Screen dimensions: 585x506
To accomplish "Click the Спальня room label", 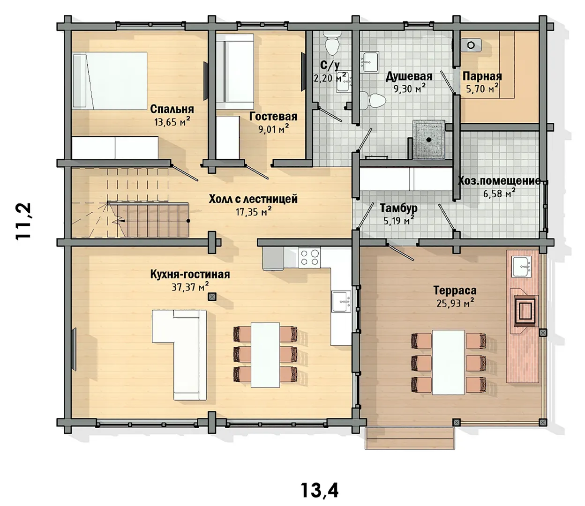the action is click(172, 109).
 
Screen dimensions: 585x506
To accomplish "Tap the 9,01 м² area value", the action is click(273, 129).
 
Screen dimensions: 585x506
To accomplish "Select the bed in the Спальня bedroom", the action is click(110, 81).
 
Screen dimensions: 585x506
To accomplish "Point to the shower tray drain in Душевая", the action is click(429, 140).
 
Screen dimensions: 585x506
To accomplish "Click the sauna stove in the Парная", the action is click(471, 45).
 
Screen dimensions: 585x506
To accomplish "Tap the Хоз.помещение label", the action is click(499, 181).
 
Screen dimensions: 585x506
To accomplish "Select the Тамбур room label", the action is click(398, 208).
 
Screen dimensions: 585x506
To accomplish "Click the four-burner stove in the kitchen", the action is click(309, 257).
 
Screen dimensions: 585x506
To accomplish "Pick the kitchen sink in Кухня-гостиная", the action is click(341, 302).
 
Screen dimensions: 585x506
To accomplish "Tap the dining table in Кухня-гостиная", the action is click(265, 355).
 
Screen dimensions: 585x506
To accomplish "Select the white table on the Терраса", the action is click(448, 362).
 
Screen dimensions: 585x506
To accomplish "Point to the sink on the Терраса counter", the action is click(521, 267).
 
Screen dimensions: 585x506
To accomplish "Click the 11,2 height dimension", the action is click(23, 222).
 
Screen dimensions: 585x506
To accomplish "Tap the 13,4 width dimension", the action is click(320, 491).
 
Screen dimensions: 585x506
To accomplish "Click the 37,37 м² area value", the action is click(190, 287).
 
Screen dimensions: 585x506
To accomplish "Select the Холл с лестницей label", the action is click(253, 199).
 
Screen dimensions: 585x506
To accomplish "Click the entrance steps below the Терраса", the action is click(410, 438).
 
